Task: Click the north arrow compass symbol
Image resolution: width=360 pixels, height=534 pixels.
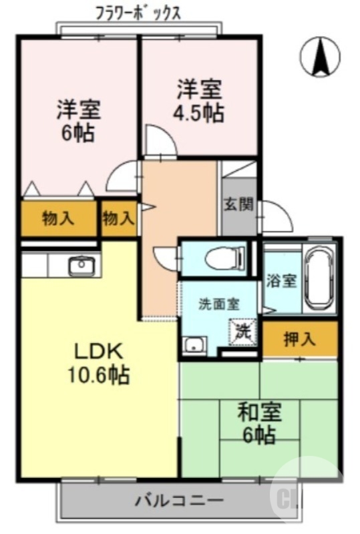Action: [320, 57]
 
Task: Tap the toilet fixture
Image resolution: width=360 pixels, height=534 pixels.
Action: [225, 258]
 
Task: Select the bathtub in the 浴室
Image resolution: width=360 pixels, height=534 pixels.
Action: [319, 278]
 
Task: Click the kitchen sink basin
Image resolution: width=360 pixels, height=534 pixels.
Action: [81, 265]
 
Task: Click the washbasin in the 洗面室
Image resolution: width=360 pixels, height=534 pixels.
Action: [195, 346]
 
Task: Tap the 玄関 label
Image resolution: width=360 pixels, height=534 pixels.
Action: [238, 204]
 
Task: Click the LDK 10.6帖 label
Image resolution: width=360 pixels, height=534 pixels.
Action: [99, 364]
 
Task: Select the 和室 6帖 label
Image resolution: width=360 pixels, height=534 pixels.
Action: [259, 423]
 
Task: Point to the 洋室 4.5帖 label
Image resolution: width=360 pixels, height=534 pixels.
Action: [199, 101]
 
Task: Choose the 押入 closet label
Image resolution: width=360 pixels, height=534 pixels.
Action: [300, 339]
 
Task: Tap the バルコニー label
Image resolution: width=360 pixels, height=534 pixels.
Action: [180, 501]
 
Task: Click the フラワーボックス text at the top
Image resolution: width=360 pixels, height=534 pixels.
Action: [138, 14]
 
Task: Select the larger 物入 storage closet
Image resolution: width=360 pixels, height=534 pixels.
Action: [59, 219]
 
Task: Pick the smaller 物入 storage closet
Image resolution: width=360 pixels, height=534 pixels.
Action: [118, 219]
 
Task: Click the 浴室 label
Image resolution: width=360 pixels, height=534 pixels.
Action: [281, 282]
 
